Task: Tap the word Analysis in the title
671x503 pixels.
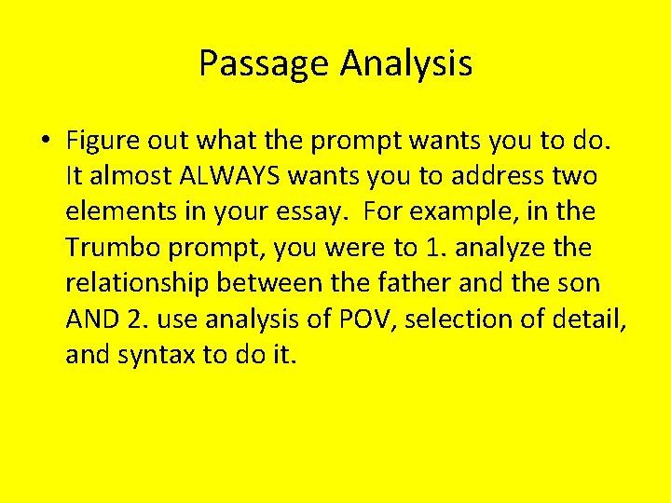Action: [406, 64]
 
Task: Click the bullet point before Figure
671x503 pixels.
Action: [44, 141]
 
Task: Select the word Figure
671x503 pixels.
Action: [103, 141]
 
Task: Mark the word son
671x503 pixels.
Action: [579, 283]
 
